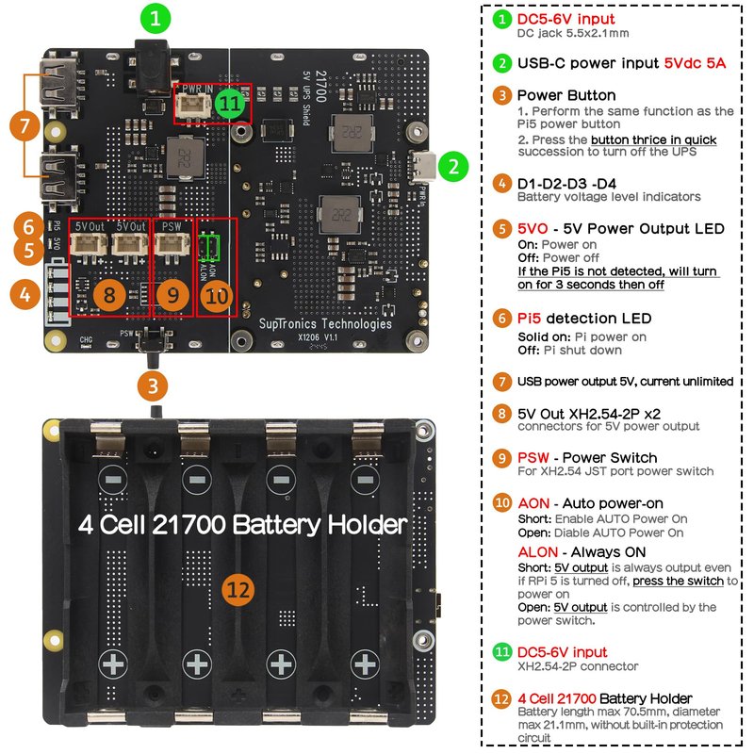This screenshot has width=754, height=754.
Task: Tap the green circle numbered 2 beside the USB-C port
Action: point(454,168)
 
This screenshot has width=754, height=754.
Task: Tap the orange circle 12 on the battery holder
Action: point(238,591)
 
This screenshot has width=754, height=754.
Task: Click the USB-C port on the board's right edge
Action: point(425,169)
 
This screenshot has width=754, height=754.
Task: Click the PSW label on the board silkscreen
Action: point(171,227)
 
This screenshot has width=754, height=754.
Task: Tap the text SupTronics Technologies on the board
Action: point(325,323)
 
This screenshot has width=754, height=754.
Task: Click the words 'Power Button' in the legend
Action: point(566,95)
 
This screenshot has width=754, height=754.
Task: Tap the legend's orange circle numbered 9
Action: point(502,458)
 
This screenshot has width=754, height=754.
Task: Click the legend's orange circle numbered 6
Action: point(502,319)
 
